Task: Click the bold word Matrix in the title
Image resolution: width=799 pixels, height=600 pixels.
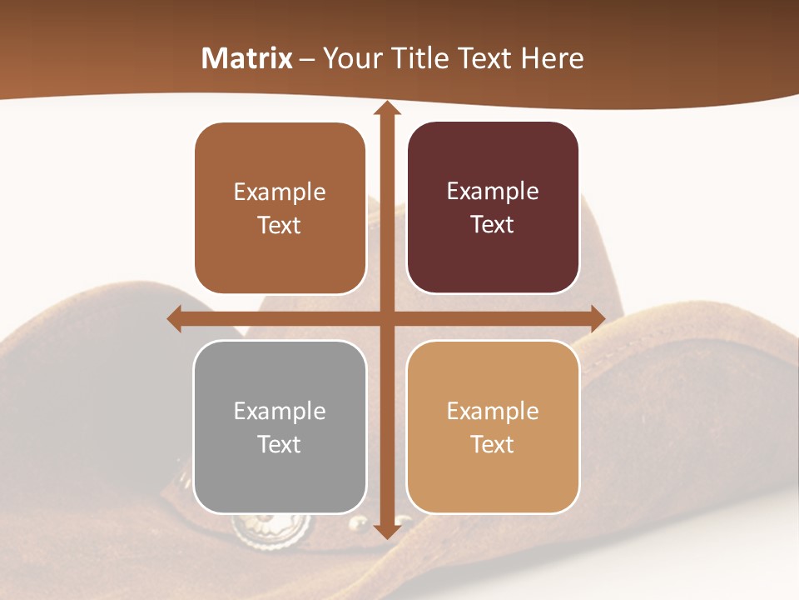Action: point(247,58)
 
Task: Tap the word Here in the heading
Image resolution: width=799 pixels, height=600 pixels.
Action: point(552,58)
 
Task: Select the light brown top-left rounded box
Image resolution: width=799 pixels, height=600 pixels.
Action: point(280,208)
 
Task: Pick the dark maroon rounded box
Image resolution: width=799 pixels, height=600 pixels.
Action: point(493,208)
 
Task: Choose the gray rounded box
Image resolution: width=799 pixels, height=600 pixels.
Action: point(280,427)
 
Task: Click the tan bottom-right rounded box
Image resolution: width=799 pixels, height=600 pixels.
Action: point(493,427)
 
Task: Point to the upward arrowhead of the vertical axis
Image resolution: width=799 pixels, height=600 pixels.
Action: point(386,109)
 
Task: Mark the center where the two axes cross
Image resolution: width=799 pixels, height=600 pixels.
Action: point(386,318)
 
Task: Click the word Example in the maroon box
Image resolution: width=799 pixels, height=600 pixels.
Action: point(493,192)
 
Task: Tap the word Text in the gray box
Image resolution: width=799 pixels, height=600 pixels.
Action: point(280,444)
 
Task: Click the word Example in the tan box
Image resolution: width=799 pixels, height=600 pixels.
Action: point(493,411)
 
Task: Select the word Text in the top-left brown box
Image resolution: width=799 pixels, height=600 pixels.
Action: point(280,225)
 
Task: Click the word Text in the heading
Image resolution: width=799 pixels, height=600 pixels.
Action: point(484,58)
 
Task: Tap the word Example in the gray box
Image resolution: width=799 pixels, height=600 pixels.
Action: point(280,411)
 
